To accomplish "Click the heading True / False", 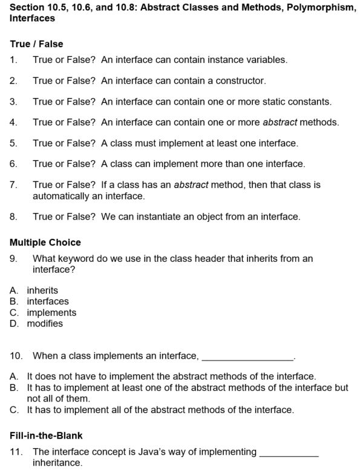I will (x=36, y=44).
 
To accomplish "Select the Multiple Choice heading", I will (x=45, y=243).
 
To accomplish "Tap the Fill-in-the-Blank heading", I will (x=46, y=435).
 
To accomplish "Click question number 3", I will (x=13, y=102).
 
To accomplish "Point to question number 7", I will (x=13, y=184).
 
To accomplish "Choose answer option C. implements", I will (x=43, y=313).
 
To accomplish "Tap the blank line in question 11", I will (x=289, y=452).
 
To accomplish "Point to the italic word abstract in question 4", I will (x=280, y=122).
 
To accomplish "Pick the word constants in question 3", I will (x=310, y=102).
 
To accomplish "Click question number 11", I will (x=16, y=452).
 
